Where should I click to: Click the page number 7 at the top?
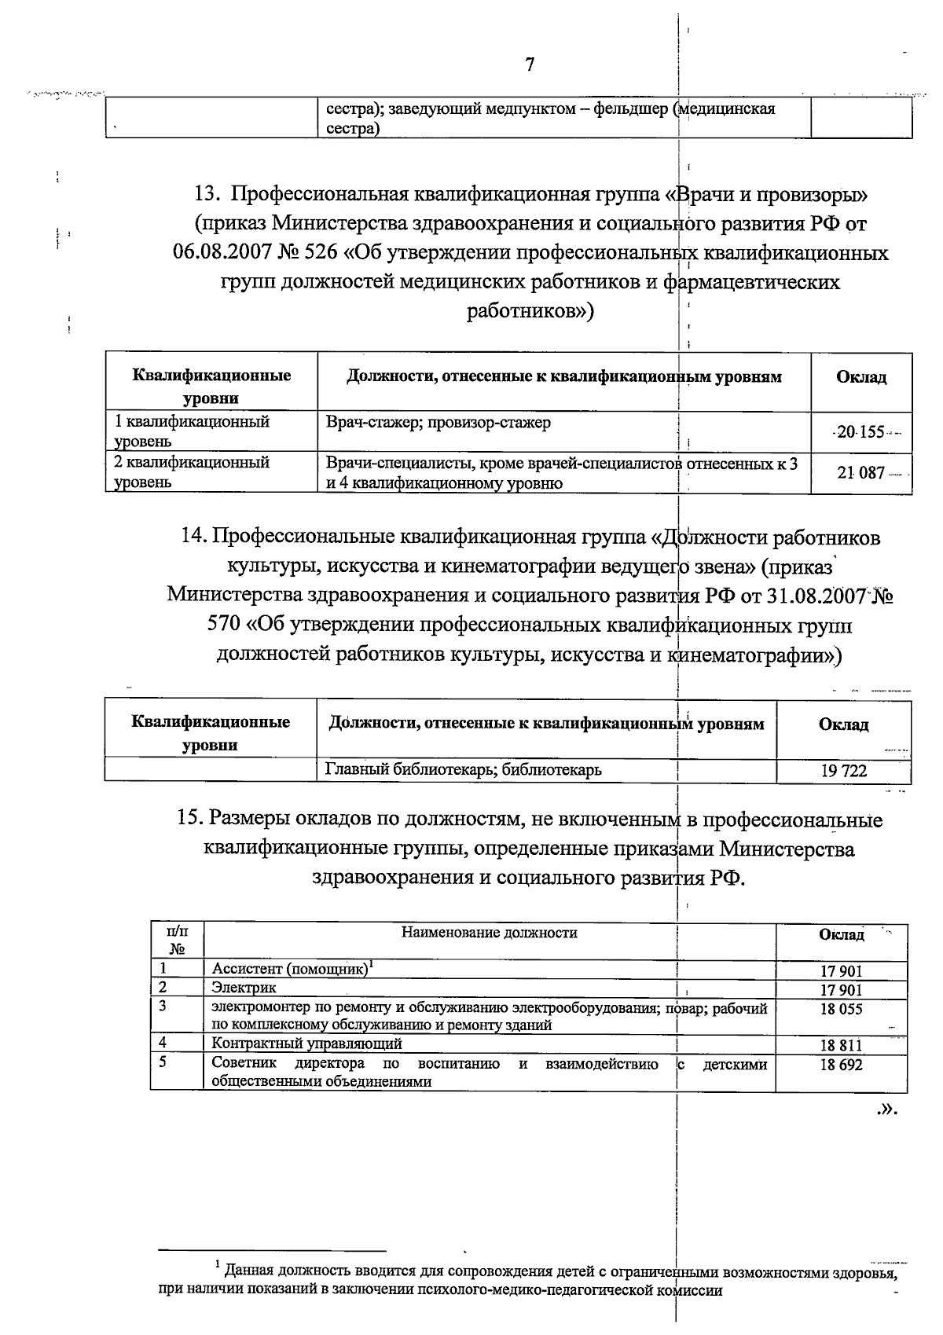(x=530, y=64)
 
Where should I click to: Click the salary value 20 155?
(x=860, y=432)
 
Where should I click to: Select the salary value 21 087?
(x=860, y=473)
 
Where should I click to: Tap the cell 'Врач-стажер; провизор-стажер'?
(x=438, y=423)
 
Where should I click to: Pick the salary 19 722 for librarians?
(x=843, y=771)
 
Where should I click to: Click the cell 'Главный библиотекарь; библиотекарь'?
(x=464, y=769)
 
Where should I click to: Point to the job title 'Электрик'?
(x=244, y=988)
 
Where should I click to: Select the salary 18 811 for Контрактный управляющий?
(x=841, y=1045)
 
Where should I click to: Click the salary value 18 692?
(x=841, y=1065)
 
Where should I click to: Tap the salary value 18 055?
(x=841, y=1009)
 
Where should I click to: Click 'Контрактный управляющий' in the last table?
(x=306, y=1043)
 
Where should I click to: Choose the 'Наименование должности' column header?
(x=489, y=933)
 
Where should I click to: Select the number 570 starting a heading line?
(x=224, y=625)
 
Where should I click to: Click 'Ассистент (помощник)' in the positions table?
(x=289, y=970)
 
